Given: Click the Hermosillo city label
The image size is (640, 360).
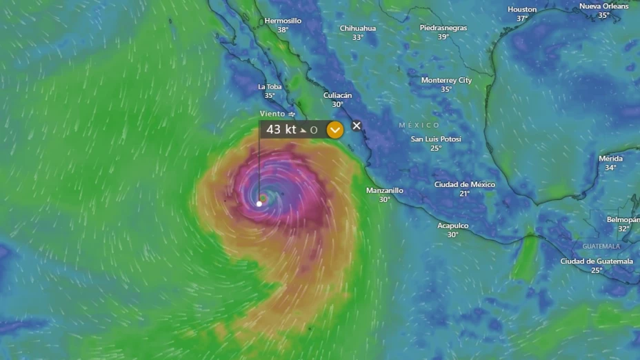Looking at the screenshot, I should point(283,21).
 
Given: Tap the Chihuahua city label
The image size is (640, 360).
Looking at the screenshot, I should point(357,28).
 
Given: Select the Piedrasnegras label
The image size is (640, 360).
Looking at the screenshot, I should point(443,28).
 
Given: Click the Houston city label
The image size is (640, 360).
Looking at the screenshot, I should point(522,10).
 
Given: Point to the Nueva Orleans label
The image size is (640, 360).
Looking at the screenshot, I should point(604,6).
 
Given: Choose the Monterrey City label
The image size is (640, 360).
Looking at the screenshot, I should point(446,80).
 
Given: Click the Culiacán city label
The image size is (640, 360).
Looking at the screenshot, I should point(337,95).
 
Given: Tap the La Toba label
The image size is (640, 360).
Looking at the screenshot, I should point(270,87).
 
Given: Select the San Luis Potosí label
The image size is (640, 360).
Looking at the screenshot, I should point(436,139).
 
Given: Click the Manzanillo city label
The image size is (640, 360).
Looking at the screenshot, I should point(384,190).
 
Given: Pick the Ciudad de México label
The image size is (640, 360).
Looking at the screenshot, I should point(464,185).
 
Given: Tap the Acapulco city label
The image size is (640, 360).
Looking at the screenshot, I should point(452,226).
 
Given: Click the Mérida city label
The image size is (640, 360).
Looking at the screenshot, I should point(610,159).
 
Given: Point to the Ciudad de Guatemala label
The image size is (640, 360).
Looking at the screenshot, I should point(597,261).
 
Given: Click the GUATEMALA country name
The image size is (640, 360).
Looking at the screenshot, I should point(601,246).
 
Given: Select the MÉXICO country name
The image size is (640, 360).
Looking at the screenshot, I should point(419,125).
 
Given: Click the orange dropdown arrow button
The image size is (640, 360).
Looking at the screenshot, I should point(334,130).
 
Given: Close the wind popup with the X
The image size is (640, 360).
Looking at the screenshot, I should point(357,126).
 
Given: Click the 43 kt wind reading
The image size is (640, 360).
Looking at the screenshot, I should point(281,130).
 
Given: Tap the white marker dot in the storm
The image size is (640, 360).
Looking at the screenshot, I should point(259,203).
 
